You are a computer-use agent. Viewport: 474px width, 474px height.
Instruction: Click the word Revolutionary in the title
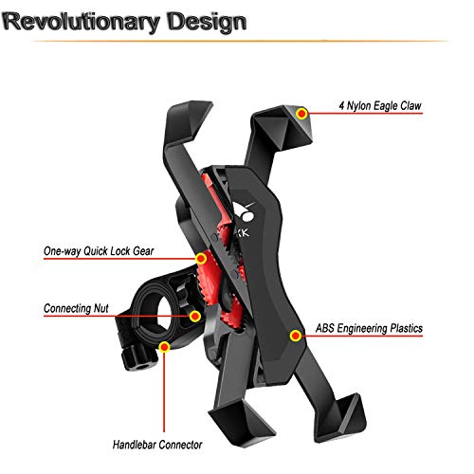(x=82, y=22)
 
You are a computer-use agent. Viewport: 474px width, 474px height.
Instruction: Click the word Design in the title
(x=207, y=22)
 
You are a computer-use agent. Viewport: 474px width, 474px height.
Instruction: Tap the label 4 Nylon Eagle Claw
(x=380, y=106)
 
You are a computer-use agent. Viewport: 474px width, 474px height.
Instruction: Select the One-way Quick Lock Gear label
(x=99, y=251)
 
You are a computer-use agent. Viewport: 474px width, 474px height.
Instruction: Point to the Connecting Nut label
(x=76, y=308)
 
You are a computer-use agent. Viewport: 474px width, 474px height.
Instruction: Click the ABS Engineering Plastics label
(x=369, y=328)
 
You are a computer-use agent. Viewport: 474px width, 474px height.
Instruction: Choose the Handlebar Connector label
(x=157, y=445)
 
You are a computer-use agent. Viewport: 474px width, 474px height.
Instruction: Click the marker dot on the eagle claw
(x=302, y=113)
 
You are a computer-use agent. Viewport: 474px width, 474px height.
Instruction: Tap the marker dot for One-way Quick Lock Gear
(x=201, y=259)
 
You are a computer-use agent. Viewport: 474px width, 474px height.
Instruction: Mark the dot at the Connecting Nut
(x=195, y=316)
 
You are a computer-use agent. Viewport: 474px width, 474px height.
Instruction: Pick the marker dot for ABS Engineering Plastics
(x=296, y=336)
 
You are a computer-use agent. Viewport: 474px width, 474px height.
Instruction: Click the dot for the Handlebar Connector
(x=164, y=347)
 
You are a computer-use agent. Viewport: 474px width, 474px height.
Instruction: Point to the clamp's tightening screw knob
(x=137, y=358)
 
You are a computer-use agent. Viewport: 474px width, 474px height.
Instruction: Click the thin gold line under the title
(x=240, y=41)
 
